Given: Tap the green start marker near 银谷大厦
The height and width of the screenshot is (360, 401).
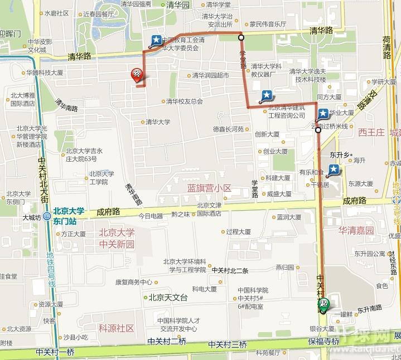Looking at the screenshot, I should tap(323, 304).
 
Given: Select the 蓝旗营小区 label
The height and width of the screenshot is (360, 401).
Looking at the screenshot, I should tap(209, 188).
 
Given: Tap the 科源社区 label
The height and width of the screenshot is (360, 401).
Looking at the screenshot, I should tap(116, 328).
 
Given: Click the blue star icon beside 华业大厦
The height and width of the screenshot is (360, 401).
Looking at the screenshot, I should tap(323, 114).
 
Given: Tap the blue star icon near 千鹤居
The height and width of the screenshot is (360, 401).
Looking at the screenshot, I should tap(334, 169).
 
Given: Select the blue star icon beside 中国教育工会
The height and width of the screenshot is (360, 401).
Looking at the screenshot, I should tap(157, 40).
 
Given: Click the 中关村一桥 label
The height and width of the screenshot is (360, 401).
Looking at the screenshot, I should tap(55, 352).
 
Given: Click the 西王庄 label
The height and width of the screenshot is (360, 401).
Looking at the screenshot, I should tap(371, 133).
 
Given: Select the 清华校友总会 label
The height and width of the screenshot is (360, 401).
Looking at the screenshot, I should tap(184, 101).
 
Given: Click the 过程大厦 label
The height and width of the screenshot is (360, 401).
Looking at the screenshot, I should tap(238, 232).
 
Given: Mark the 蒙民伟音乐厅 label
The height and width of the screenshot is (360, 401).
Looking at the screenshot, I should tap(268, 25).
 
